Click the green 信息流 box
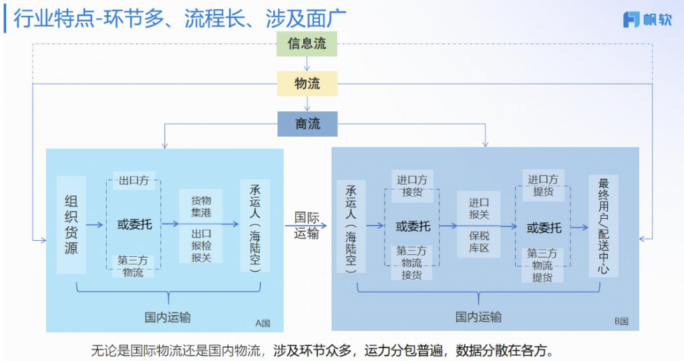(307, 44)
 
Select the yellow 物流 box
(307, 84)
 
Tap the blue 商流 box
(307, 124)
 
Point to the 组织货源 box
(71, 225)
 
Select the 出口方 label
(134, 180)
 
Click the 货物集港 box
(201, 206)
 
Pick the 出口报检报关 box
(201, 246)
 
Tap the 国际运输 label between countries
(307, 225)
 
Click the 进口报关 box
(479, 208)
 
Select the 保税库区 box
(479, 242)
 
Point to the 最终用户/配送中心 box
(604, 226)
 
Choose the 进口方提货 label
(542, 186)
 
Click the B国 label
(621, 321)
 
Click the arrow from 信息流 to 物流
(307, 63)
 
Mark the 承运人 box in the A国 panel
(254, 225)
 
